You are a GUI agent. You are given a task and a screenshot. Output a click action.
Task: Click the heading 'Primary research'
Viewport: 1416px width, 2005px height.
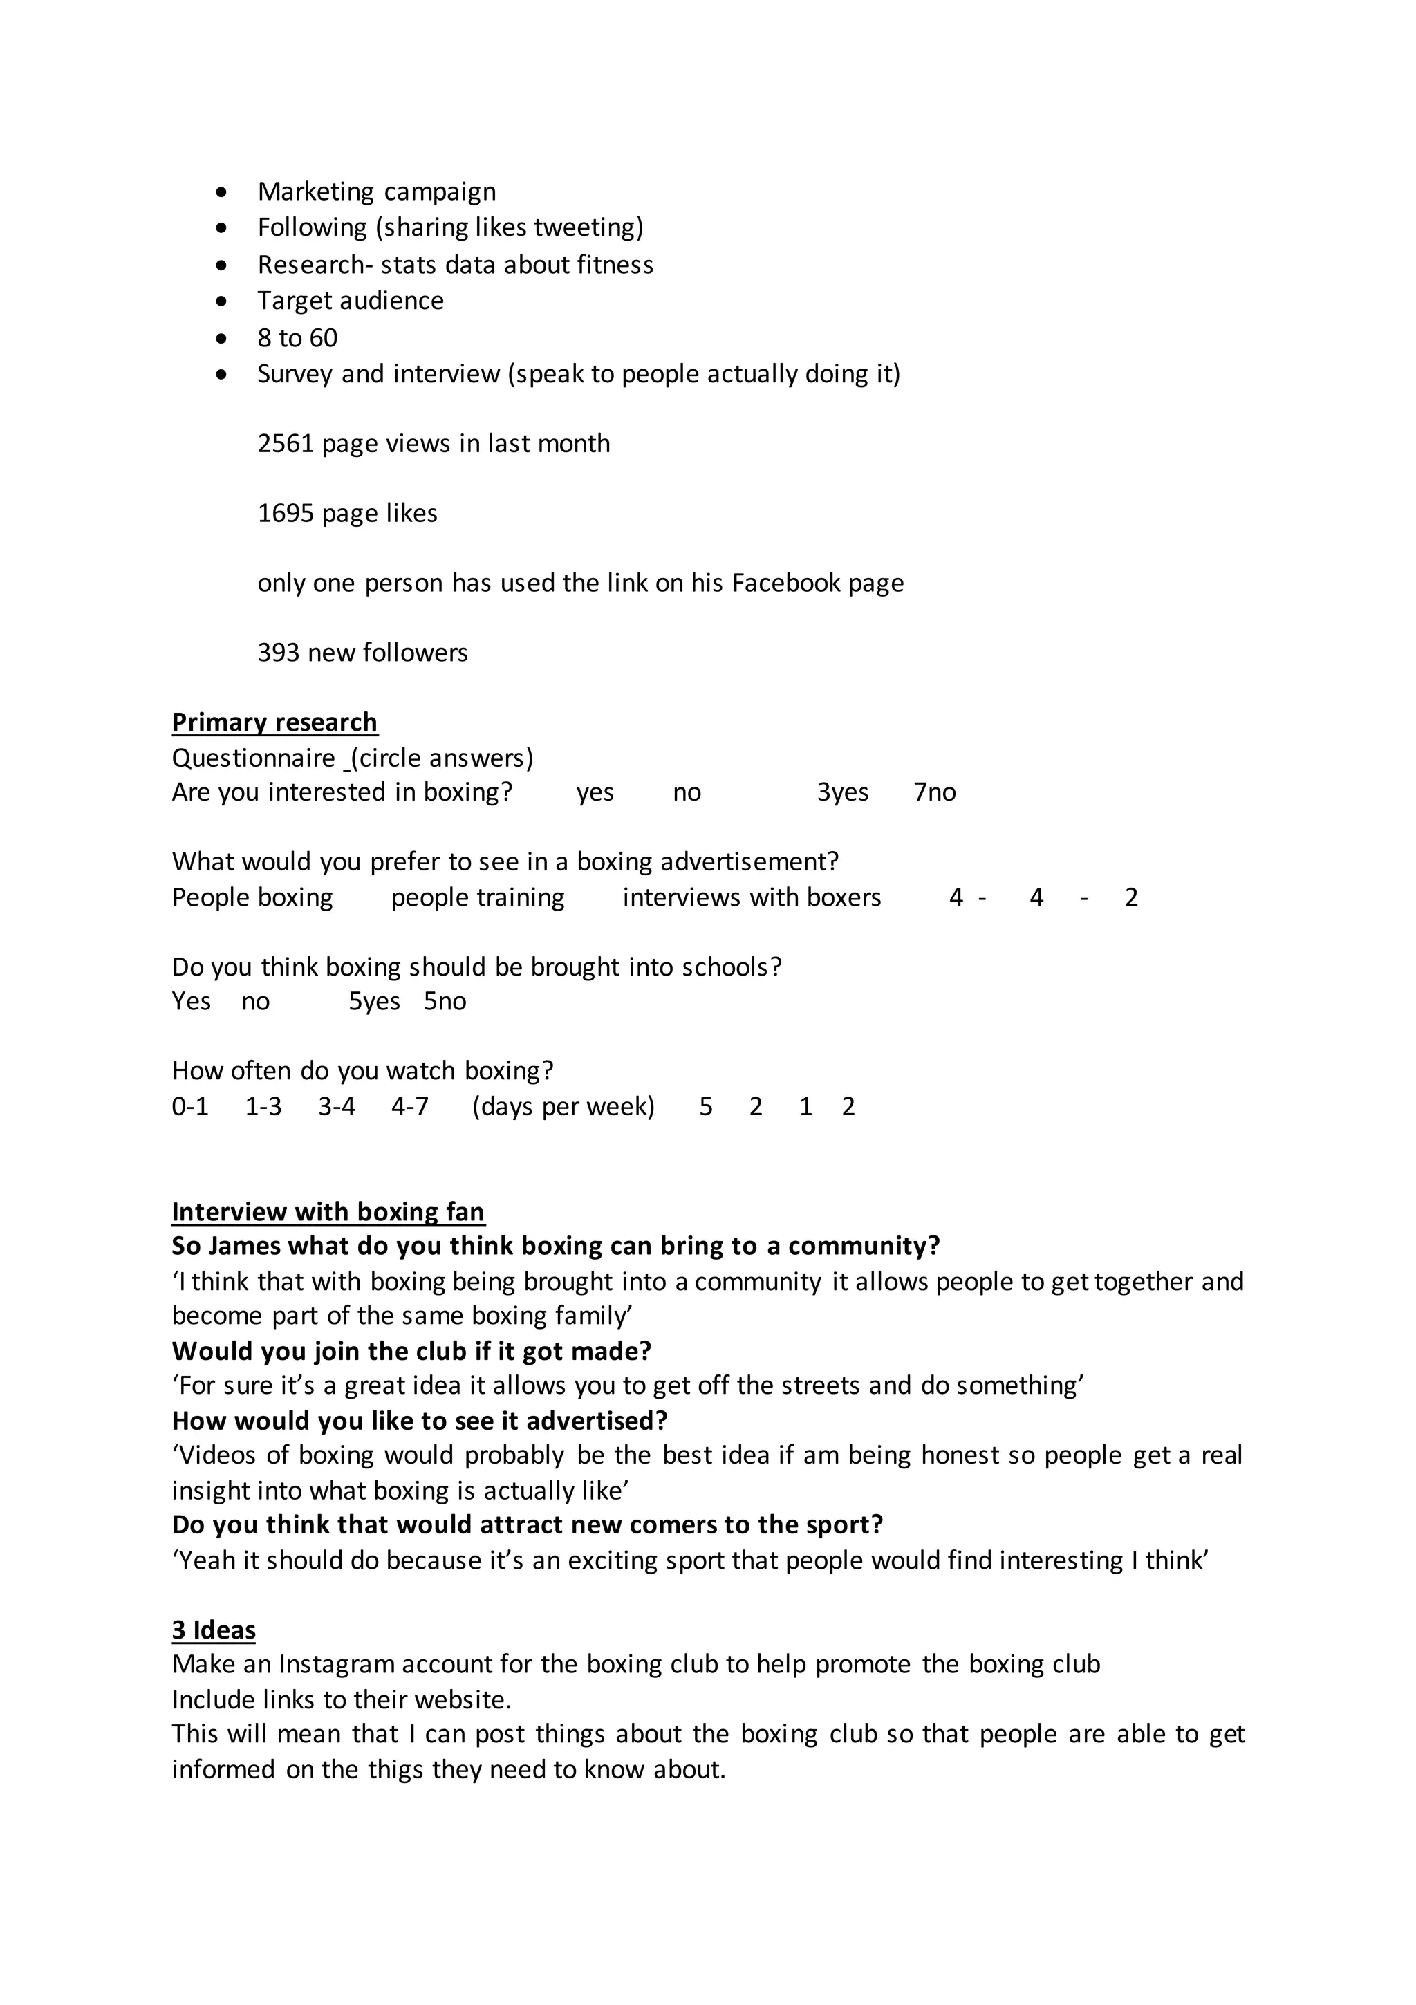274,722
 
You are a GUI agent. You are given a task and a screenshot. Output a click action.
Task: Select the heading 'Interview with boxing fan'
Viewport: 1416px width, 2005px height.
328,1212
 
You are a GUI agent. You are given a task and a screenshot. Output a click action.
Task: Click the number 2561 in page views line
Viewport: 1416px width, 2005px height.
285,444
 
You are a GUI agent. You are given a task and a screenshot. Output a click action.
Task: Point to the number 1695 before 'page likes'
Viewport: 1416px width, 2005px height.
285,514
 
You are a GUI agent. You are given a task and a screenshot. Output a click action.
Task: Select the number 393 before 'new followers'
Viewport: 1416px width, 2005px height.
278,653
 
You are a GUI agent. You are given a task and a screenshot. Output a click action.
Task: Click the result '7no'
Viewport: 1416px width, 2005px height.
934,792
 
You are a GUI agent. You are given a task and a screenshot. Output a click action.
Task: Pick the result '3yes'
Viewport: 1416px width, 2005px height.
842,792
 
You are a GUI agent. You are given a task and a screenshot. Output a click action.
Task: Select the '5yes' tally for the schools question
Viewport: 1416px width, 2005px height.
374,1002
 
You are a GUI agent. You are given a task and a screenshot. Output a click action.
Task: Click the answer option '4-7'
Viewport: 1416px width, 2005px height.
410,1108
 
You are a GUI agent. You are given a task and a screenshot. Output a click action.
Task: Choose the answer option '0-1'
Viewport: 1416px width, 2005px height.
189,1108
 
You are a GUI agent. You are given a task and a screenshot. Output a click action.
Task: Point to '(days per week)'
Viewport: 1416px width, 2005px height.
563,1108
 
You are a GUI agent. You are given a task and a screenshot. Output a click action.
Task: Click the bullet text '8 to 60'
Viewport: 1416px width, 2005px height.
297,338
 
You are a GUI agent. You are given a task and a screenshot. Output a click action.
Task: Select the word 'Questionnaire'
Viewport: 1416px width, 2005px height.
253,758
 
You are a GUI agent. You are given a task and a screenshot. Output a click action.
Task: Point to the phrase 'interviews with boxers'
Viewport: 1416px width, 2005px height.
752,897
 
